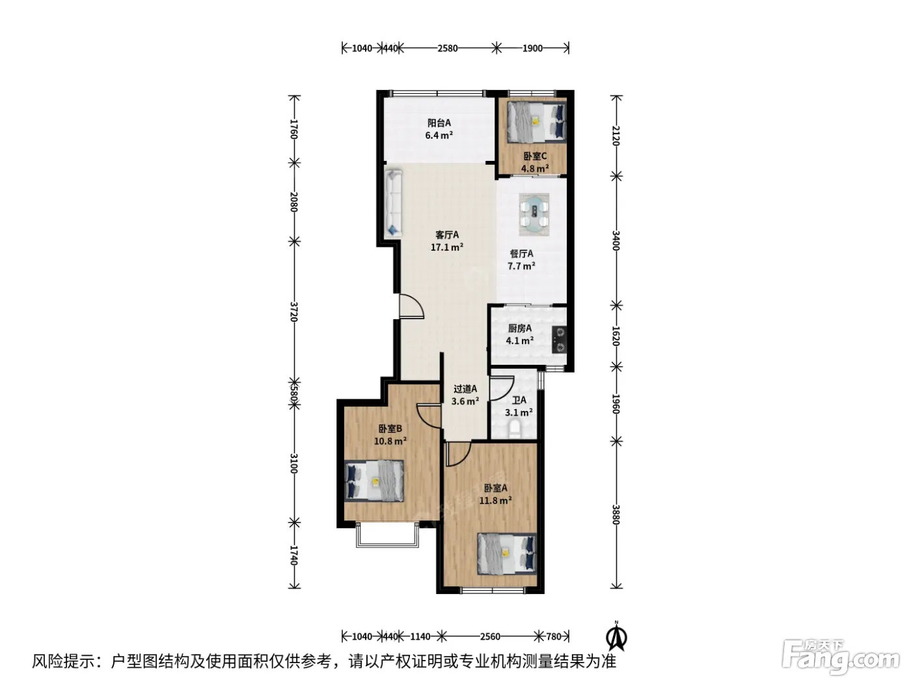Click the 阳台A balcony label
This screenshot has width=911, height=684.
click(439, 123)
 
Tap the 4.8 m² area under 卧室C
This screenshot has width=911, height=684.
click(535, 168)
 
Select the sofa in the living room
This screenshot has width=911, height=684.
click(393, 203)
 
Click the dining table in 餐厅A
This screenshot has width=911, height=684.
click(534, 215)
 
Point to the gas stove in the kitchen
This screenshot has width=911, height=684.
click(560, 339)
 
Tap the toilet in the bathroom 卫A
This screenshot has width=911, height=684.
click(515, 430)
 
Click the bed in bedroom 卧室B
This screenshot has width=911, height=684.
click(374, 481)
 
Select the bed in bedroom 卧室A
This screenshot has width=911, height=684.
click(507, 554)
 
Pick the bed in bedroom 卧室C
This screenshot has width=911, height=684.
click(536, 122)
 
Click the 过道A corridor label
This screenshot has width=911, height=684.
click(465, 389)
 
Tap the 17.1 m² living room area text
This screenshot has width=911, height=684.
click(446, 247)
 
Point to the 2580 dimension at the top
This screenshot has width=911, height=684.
click(448, 48)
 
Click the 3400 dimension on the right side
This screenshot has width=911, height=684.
click(616, 240)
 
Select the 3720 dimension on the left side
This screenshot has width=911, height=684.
click(294, 311)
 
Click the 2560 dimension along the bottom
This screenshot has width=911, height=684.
click(490, 636)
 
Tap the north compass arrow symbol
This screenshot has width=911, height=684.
click(616, 636)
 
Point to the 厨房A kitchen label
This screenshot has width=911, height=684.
click(520, 328)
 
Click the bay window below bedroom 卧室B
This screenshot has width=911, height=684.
click(387, 535)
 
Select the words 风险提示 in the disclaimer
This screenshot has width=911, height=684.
click(64, 661)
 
